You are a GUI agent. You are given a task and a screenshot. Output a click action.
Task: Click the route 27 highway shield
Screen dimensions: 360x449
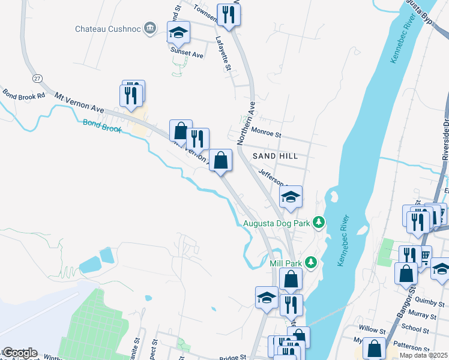(38, 78)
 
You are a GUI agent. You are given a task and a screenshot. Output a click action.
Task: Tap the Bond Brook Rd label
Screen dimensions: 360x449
(24, 95)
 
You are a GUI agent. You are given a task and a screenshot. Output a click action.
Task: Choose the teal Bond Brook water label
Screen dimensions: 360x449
(102, 126)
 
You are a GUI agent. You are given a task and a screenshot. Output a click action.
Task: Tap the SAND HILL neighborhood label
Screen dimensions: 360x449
(275, 156)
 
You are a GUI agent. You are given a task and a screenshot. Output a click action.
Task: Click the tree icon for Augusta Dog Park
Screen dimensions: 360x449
(319, 223)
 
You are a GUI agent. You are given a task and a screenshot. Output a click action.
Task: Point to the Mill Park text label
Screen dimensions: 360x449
(285, 262)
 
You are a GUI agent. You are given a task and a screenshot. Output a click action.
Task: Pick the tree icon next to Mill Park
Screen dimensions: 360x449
(310, 262)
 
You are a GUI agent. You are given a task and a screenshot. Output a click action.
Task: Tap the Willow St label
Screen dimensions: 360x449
(372, 330)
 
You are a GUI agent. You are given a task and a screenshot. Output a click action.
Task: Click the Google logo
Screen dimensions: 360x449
(19, 353)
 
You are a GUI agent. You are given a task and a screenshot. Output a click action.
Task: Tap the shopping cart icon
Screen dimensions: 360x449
(425, 257)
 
